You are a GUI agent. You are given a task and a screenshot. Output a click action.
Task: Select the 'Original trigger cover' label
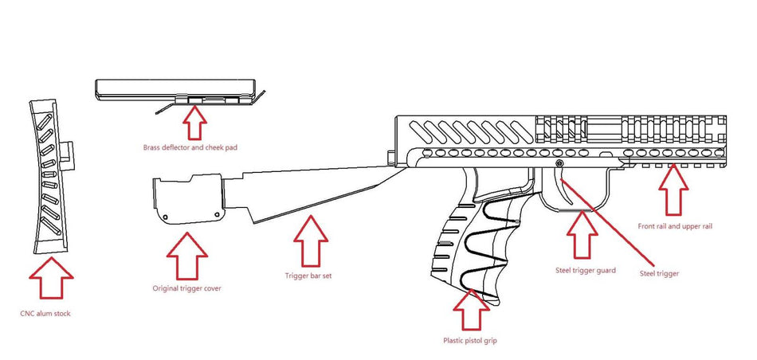(x=186, y=288)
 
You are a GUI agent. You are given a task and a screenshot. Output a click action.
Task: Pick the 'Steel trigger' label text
(x=659, y=273)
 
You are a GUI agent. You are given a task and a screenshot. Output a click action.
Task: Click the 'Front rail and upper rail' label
(x=675, y=226)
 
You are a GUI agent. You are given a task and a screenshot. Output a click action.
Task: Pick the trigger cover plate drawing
(x=185, y=201)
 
